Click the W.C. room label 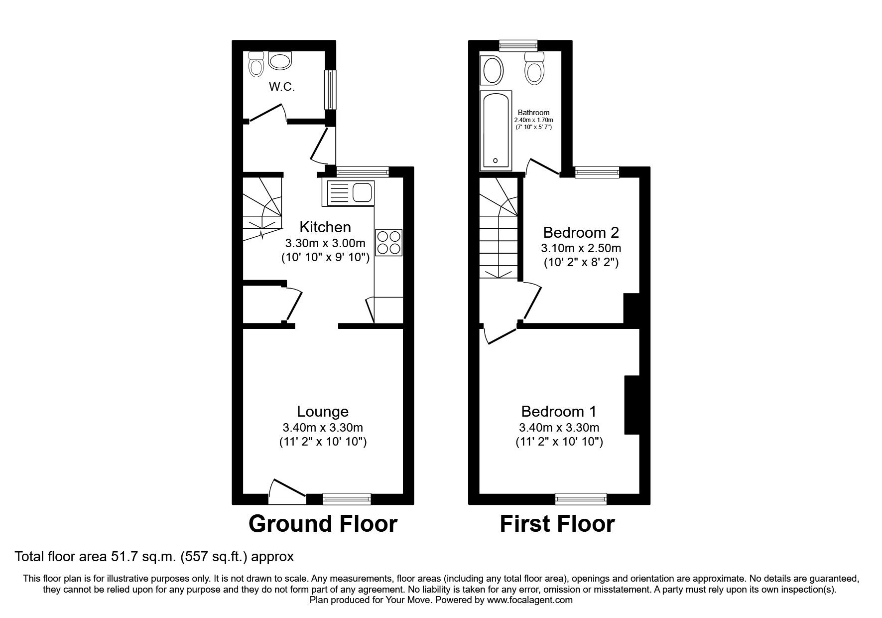tap(282, 87)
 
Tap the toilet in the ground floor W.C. tap(256, 64)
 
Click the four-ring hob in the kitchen tap(388, 243)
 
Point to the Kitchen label tap(325, 227)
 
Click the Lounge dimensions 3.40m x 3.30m tap(323, 427)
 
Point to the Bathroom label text tap(533, 113)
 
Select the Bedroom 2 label tap(581, 232)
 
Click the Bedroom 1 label tap(559, 412)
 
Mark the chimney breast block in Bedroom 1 tap(631, 405)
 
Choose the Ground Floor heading tap(323, 524)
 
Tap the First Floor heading tap(557, 524)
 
